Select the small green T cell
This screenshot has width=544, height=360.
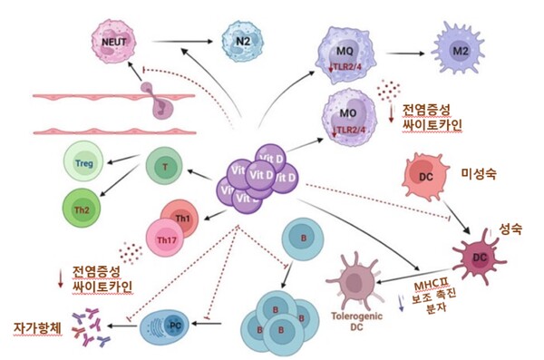164,168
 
